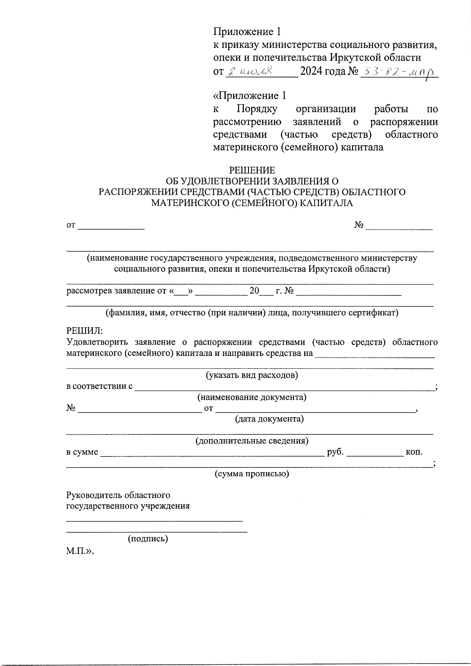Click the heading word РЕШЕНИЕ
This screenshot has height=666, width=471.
(x=252, y=170)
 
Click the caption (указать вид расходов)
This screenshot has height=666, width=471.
(x=252, y=375)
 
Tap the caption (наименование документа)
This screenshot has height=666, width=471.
(x=252, y=397)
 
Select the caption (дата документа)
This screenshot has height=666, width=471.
(x=269, y=419)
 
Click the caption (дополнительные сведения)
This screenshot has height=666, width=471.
(x=252, y=441)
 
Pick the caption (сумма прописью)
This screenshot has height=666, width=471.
(x=252, y=474)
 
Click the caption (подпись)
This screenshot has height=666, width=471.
(x=148, y=539)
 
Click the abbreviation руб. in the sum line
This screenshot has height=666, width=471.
(x=335, y=452)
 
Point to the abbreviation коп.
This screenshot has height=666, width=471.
(x=414, y=452)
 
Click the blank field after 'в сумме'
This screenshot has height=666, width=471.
(x=212, y=452)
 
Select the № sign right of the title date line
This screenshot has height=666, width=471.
(x=359, y=225)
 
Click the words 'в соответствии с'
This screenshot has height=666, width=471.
(x=99, y=386)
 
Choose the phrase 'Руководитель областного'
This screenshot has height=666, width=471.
(x=118, y=495)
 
